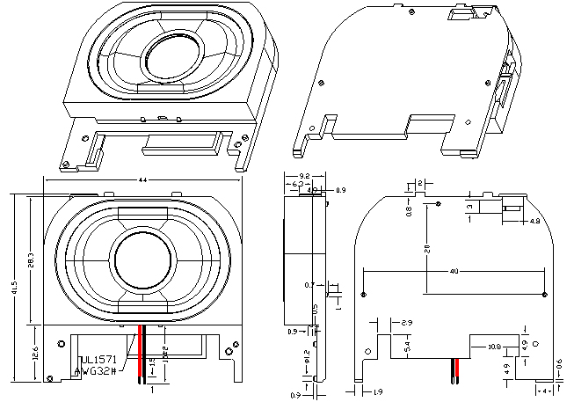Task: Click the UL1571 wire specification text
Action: point(98,360)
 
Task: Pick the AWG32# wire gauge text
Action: point(98,371)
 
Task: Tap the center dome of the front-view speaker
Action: point(142,261)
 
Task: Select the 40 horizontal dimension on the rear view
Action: point(454,272)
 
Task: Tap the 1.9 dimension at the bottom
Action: point(378,391)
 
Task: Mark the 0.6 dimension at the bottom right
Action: point(560,363)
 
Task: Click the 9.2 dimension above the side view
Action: point(305,176)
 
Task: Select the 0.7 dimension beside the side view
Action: point(308,285)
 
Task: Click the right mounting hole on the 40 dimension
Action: point(545,293)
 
